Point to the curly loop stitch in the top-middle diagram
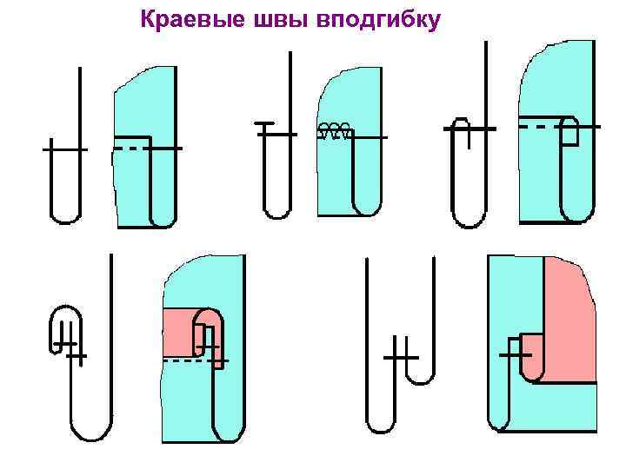click(x=335, y=131)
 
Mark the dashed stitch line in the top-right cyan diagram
click(x=538, y=127)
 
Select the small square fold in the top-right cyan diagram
click(x=569, y=131)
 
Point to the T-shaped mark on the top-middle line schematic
click(x=265, y=126)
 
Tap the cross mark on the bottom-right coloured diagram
click(x=516, y=355)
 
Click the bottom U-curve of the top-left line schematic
click(x=66, y=215)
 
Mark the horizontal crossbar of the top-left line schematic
click(x=64, y=149)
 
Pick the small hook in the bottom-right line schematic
click(x=421, y=373)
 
